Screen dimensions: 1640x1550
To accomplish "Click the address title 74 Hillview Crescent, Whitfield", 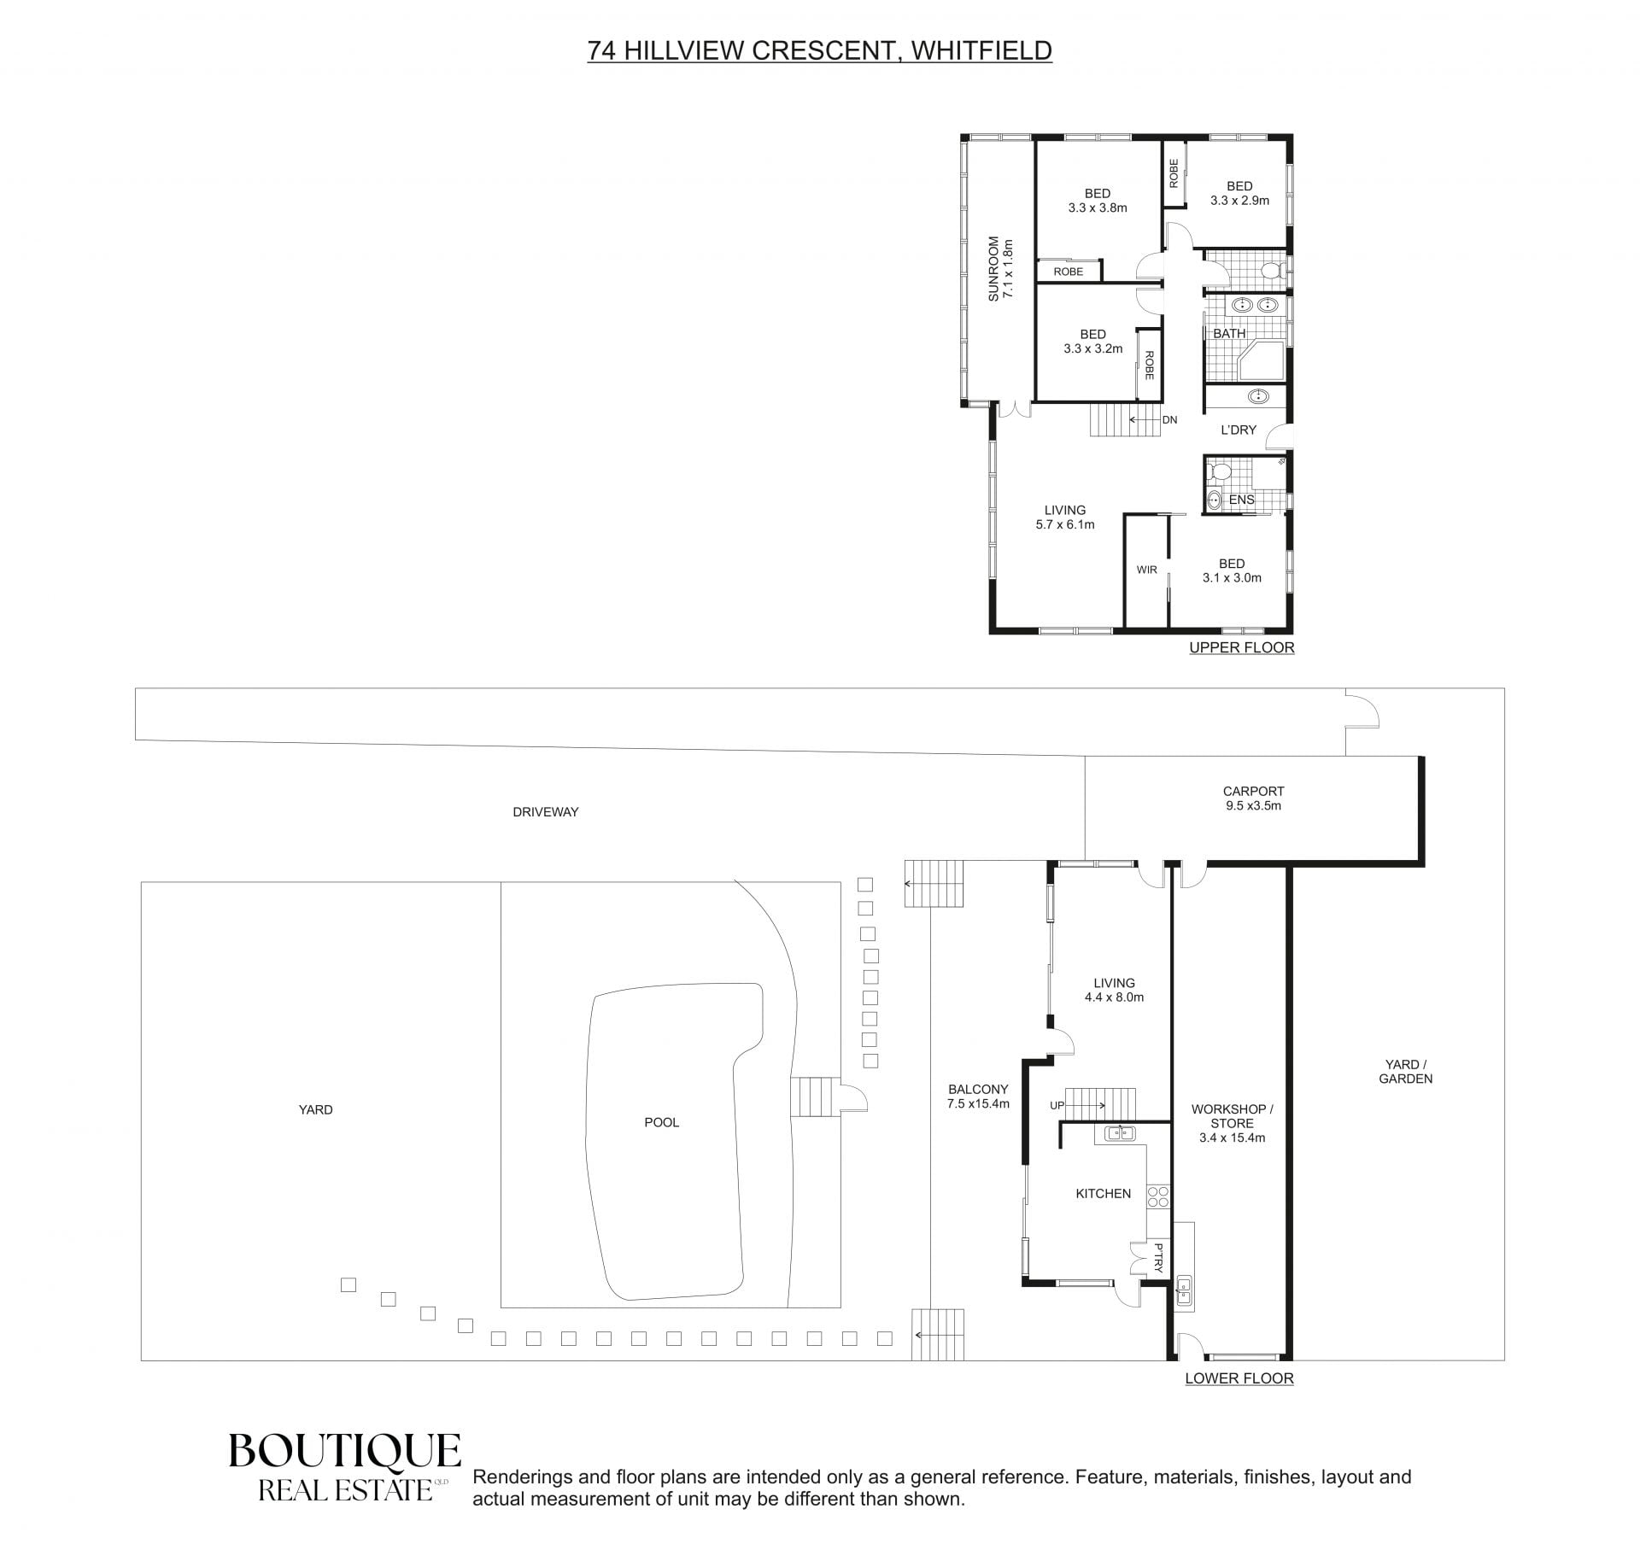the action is pos(819,50).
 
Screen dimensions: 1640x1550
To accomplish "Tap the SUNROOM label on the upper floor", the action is pos(993,268).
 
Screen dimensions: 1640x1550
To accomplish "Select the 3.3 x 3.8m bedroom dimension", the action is pos(1098,208).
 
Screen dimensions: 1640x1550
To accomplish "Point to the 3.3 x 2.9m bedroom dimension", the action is pos(1239,201).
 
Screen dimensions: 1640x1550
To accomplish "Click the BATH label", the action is pos(1229,333).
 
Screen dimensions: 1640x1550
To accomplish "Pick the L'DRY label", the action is pos(1239,430).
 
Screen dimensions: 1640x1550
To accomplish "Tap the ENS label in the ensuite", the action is pos(1242,500).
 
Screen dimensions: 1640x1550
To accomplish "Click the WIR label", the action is pos(1146,570).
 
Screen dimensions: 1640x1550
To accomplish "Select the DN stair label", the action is pos(1170,420).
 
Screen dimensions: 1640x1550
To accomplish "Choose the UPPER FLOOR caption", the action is pos(1242,647).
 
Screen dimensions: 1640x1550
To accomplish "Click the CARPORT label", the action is pos(1253,791).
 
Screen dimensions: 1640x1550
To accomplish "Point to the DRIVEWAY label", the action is pos(546,811).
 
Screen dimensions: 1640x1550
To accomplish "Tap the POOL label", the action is pos(661,1122).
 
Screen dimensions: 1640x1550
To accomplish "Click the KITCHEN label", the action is pos(1104,1193).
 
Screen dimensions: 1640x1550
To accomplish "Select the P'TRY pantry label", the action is pos(1158,1258).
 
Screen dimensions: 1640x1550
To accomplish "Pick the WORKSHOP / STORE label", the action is pos(1233,1116).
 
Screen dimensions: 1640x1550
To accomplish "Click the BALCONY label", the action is pos(978,1089).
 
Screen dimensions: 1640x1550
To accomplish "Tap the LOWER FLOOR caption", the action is pos(1239,1378).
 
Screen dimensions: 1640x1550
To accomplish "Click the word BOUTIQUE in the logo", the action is pos(345,1451).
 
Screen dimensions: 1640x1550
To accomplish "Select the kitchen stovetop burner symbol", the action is pos(1158,1196).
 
